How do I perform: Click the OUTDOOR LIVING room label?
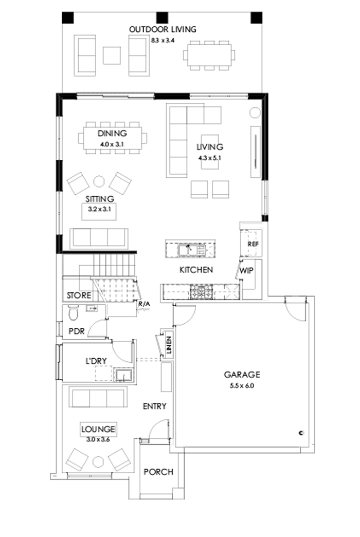coord(163,30)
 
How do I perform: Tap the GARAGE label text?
coord(242,375)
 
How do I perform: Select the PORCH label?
coord(158,472)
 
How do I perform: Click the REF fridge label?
coord(253,244)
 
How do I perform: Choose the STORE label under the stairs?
coord(79,295)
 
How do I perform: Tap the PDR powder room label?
coord(76,331)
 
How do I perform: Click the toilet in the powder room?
coord(72,312)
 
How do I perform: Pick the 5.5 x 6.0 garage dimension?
coord(242,385)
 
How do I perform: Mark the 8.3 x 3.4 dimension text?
coord(163,40)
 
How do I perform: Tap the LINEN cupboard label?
coord(169,345)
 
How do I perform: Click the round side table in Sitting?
coord(99,181)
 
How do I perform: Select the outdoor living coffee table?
coord(112,55)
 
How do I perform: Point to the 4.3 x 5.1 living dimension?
coord(209,158)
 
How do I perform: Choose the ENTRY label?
coord(154,406)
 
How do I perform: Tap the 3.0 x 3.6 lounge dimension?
coord(98,439)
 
